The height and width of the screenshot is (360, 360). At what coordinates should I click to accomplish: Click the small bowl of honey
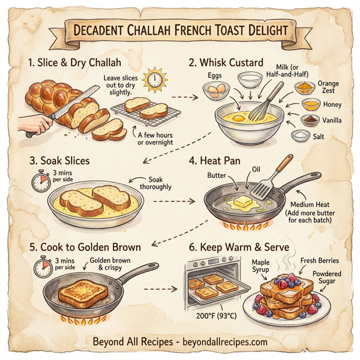click(310, 104)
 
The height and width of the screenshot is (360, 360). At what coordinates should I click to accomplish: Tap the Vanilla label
click(331, 120)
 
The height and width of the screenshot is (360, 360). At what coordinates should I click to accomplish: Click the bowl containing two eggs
click(214, 91)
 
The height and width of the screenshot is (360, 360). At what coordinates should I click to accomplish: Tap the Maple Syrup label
click(260, 266)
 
